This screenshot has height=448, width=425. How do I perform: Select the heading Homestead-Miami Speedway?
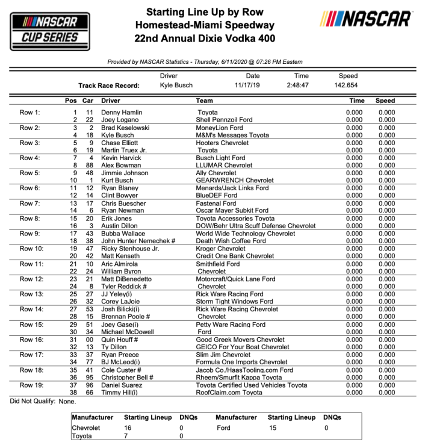pyautogui.click(x=205, y=25)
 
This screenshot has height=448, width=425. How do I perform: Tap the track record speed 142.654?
pyautogui.click(x=348, y=86)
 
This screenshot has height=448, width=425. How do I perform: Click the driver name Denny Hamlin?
pyautogui.click(x=120, y=113)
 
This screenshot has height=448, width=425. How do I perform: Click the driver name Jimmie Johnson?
pyautogui.click(x=125, y=173)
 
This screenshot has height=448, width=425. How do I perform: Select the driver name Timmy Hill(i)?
pyautogui.click(x=119, y=392)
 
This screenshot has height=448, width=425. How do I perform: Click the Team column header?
pyautogui.click(x=205, y=101)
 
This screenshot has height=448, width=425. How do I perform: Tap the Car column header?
pyautogui.click(x=88, y=101)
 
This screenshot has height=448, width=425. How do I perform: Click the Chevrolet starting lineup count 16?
pyautogui.click(x=128, y=427)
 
